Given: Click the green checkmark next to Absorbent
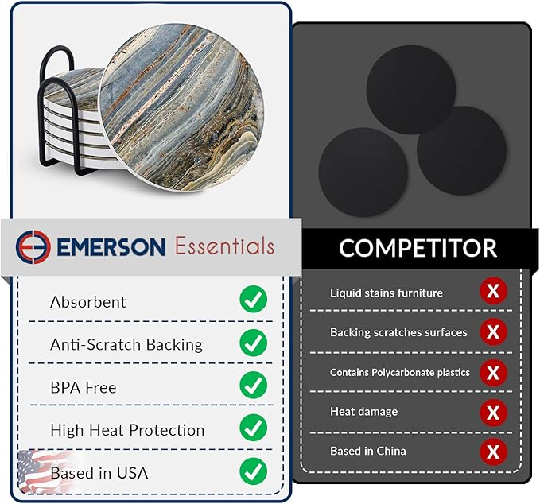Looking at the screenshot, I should pyautogui.click(x=253, y=300).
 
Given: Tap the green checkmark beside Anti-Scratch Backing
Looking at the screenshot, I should pyautogui.click(x=253, y=343).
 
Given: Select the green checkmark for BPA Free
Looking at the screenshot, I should pyautogui.click(x=253, y=386).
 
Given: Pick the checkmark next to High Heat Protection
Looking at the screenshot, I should pyautogui.click(x=253, y=428).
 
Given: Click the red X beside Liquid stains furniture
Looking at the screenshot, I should pyautogui.click(x=493, y=292).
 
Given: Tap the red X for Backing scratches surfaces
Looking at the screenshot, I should pyautogui.click(x=493, y=331).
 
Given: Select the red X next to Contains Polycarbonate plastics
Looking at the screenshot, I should pyautogui.click(x=493, y=371).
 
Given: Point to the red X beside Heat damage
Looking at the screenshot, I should pyautogui.click(x=493, y=412).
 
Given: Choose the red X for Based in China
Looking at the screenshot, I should pyautogui.click(x=493, y=452).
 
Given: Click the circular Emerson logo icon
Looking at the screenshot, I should pyautogui.click(x=33, y=246).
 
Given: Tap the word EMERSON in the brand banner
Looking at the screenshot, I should pyautogui.click(x=111, y=246).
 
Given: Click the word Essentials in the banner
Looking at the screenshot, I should pyautogui.click(x=224, y=246).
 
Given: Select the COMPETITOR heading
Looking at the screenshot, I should pyautogui.click(x=418, y=248).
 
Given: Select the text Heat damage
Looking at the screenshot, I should pyautogui.click(x=363, y=412).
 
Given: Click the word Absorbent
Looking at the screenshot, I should pyautogui.click(x=87, y=302).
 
